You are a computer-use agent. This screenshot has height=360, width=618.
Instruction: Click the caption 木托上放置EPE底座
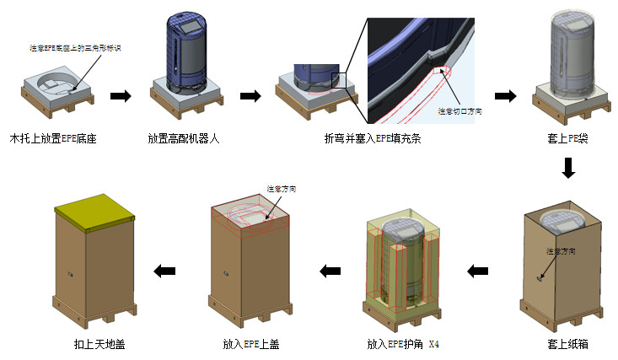point(53,137)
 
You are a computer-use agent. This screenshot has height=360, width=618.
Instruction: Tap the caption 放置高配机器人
point(183,137)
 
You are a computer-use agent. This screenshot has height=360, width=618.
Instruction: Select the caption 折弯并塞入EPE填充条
point(373,137)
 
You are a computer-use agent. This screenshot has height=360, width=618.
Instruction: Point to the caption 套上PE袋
point(567,137)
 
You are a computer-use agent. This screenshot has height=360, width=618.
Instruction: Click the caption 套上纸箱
point(567,344)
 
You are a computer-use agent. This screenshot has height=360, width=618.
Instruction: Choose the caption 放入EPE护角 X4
point(403,344)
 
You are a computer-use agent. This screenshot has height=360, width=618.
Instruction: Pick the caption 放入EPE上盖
point(250,344)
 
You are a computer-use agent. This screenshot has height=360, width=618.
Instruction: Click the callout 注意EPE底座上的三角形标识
point(76,48)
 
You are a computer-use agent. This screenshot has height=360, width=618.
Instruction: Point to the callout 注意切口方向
point(459,110)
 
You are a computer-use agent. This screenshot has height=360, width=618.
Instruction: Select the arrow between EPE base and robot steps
point(121,95)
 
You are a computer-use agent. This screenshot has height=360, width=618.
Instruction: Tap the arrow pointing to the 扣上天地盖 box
point(164,271)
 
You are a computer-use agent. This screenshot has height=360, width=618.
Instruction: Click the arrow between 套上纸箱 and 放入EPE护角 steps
point(478,271)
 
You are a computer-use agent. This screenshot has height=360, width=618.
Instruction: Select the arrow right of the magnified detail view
point(504,95)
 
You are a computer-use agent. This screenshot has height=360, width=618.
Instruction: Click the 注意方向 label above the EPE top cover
point(281,188)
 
